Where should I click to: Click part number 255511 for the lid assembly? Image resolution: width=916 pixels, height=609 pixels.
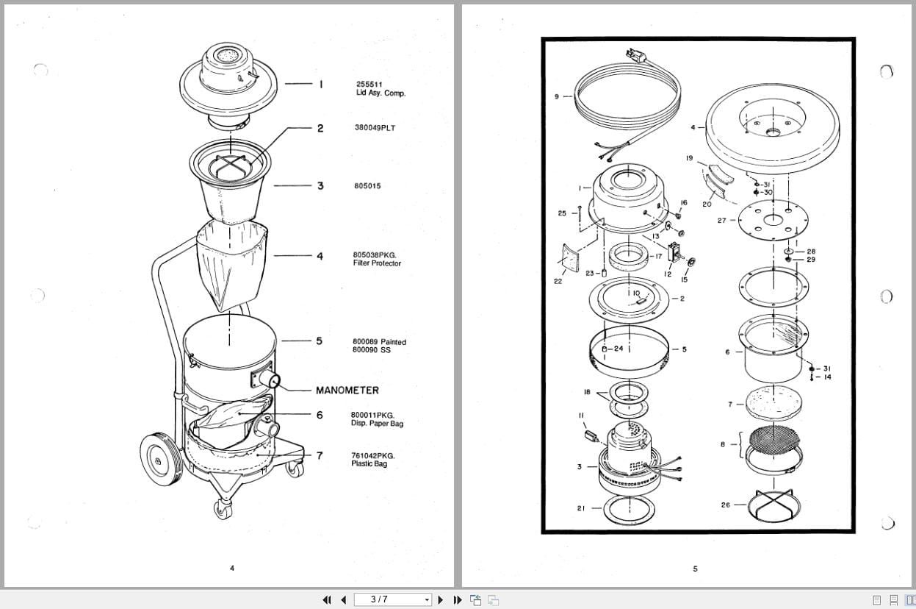(369, 85)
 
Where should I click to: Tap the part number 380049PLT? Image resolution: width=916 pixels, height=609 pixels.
(374, 128)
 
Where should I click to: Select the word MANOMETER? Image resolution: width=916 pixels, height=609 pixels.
(347, 391)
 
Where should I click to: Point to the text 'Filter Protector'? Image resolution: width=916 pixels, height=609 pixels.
(377, 263)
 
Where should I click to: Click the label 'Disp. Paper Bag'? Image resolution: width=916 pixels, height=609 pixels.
(377, 424)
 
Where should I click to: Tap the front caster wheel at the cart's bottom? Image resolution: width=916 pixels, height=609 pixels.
(222, 508)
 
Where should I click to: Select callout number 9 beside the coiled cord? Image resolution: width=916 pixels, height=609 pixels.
(557, 96)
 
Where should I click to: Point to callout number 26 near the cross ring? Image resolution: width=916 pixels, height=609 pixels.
(726, 505)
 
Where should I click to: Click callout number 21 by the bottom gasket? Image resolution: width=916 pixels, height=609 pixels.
(580, 508)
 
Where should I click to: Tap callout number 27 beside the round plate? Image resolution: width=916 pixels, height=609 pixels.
(721, 220)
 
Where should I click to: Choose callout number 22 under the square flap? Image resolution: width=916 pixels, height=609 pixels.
(558, 281)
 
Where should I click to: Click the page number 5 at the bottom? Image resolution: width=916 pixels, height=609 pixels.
(695, 569)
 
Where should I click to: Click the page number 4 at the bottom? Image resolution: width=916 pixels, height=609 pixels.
(232, 568)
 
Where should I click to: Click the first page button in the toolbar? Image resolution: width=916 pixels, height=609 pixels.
(327, 600)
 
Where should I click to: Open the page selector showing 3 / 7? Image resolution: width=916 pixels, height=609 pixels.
(393, 599)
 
